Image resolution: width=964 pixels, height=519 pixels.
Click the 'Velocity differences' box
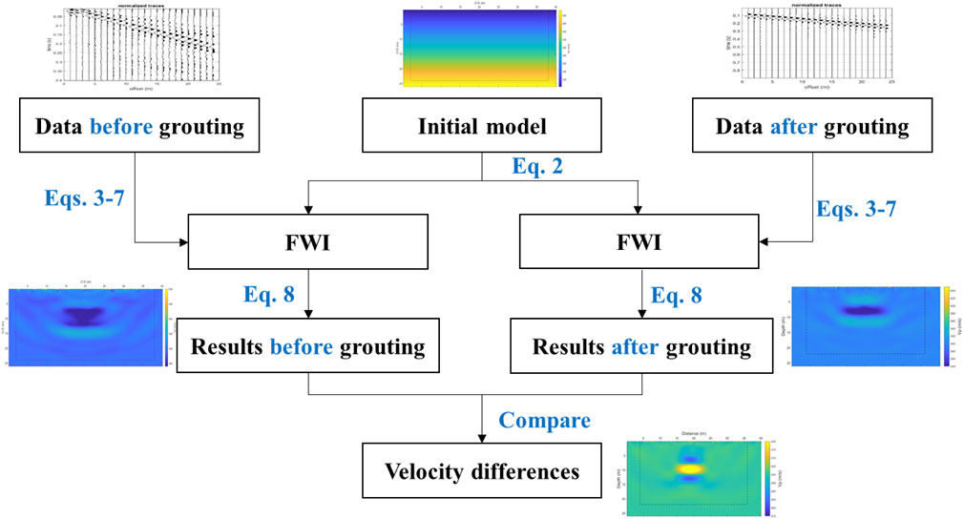pos(483,469)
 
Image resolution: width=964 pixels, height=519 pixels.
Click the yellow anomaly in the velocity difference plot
pos(687,469)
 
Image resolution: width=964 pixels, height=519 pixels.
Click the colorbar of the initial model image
pos(560,48)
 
